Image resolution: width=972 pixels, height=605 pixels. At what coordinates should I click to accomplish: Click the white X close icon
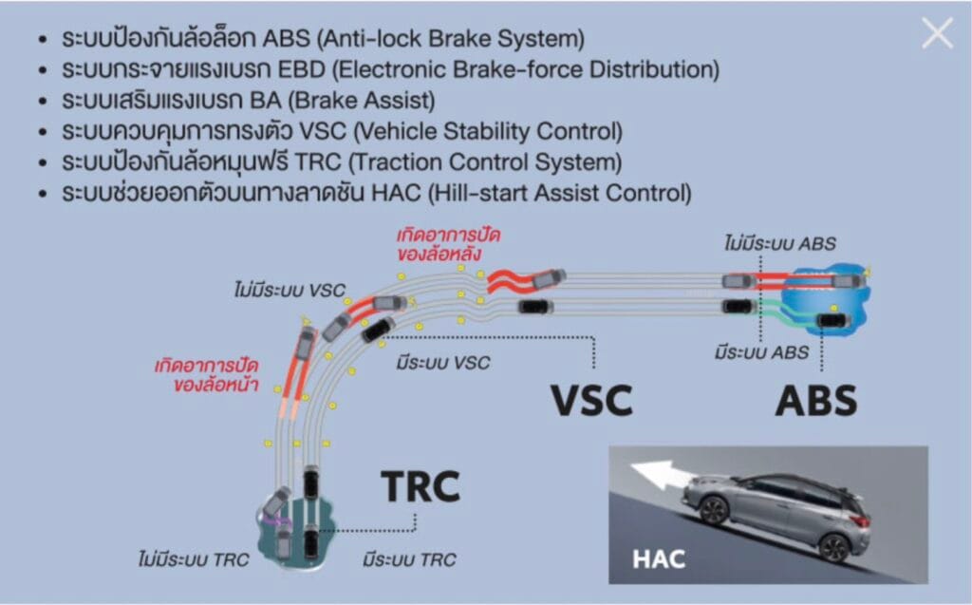point(937,34)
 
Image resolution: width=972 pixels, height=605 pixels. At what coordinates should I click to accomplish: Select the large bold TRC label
point(420,486)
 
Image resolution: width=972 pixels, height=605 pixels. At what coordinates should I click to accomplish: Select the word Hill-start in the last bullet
point(478,193)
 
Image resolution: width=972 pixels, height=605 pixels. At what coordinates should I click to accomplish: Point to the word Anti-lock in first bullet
point(365,40)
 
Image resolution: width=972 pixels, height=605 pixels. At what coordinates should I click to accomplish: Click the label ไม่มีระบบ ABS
point(779,243)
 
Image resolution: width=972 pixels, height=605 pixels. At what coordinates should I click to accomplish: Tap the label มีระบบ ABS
point(761,352)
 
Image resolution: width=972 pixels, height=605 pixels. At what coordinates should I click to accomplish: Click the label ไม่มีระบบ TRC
point(192,559)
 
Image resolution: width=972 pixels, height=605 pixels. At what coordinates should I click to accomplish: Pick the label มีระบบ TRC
point(408,559)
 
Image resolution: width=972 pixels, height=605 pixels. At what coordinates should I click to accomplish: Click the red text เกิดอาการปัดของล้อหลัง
point(449,243)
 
